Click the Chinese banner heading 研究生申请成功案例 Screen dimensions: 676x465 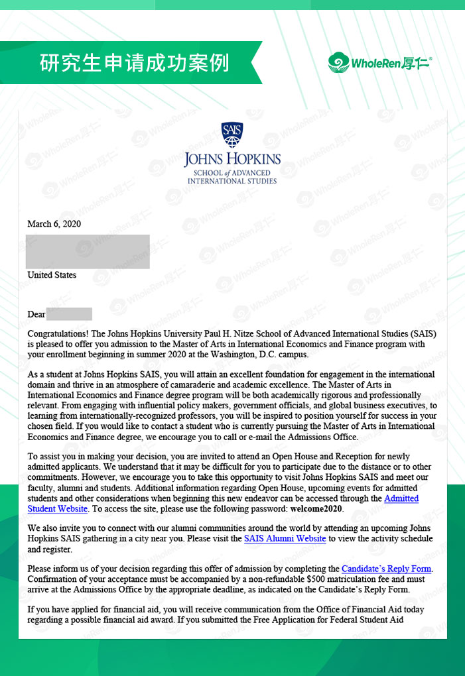135,62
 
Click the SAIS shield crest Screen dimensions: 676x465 232,135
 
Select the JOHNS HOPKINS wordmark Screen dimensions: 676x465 232,160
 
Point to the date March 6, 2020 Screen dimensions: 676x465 54,224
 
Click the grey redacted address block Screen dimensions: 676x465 88,251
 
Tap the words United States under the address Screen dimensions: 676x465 52,275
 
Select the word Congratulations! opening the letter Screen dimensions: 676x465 58,335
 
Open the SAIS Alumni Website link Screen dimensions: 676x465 285,539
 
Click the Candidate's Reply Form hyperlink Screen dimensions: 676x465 387,569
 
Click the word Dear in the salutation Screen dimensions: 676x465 36,314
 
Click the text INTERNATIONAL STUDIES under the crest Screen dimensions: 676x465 232,180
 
